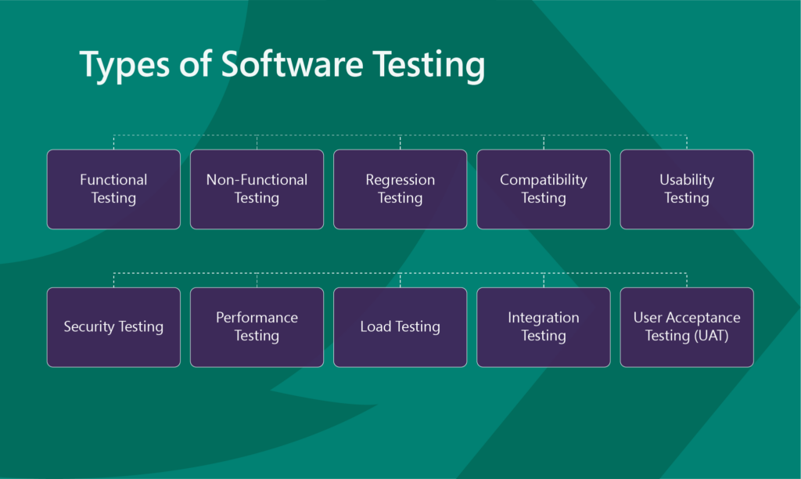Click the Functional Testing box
(x=113, y=189)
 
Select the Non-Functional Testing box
(x=257, y=189)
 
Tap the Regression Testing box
(x=400, y=189)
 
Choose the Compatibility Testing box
(x=544, y=189)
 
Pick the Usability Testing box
(x=687, y=189)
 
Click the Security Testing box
(x=113, y=327)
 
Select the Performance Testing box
(x=257, y=327)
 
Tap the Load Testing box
(x=400, y=327)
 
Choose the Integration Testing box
(x=544, y=327)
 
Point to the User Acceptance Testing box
(x=687, y=327)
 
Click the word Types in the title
(x=124, y=66)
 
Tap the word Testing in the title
(x=429, y=66)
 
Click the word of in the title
(x=195, y=63)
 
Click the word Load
(x=375, y=326)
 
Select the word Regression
(x=400, y=181)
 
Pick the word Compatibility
(x=544, y=181)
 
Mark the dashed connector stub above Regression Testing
(x=400, y=142)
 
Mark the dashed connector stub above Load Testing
(x=400, y=280)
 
